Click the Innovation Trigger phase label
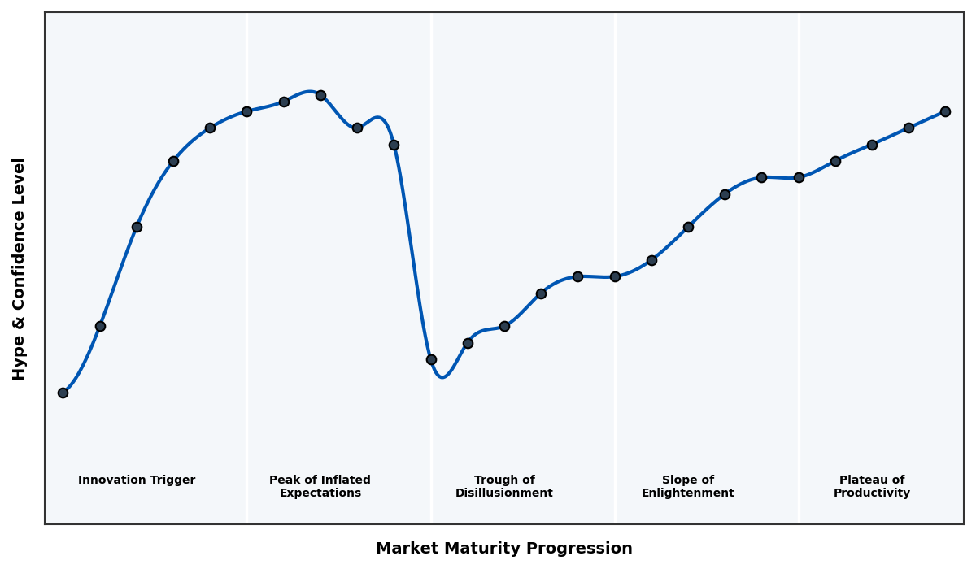coord(137,480)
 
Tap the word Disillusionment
coord(504,493)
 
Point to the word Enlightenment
coord(688,493)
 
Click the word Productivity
coord(872,493)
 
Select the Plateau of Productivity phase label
coord(872,487)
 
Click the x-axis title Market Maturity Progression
coord(504,549)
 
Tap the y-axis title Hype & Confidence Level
coord(20,268)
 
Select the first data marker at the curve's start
coord(63,393)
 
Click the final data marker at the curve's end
coord(945,111)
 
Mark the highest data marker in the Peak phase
coord(320,95)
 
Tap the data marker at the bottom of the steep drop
coord(431,359)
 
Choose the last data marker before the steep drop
coord(394,145)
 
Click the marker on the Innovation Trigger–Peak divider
coord(246,111)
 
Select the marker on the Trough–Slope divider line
coord(615,276)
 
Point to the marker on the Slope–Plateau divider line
coord(799,177)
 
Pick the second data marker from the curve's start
coord(100,326)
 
